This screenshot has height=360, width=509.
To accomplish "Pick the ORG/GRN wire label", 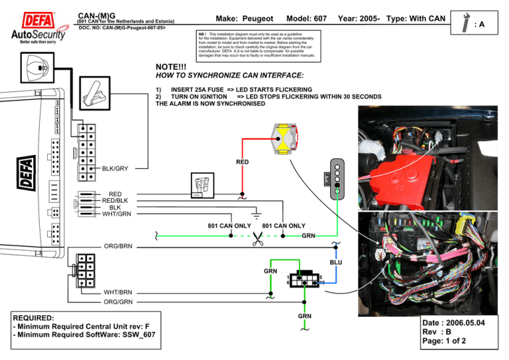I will [117, 302].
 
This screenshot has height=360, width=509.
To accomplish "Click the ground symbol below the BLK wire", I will [257, 213].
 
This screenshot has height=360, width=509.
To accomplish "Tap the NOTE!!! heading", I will [172, 67].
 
